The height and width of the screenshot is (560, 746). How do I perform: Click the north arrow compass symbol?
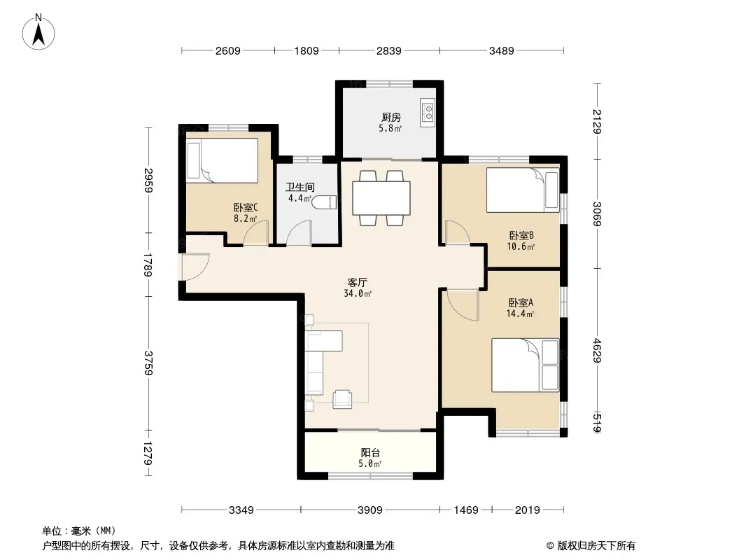pyautogui.click(x=38, y=31)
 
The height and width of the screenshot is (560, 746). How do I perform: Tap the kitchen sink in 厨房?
pyautogui.click(x=428, y=113)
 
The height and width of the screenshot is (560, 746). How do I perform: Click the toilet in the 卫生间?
pyautogui.click(x=325, y=202)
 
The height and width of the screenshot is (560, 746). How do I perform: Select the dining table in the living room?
pyautogui.click(x=381, y=198)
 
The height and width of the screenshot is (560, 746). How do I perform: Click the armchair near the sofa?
pyautogui.click(x=342, y=399)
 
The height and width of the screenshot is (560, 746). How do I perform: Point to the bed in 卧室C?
pyautogui.click(x=222, y=160)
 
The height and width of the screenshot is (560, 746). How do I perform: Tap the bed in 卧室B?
pyautogui.click(x=522, y=190)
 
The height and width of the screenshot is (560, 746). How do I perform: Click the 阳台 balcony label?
pyautogui.click(x=370, y=453)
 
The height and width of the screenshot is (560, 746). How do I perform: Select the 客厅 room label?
pyautogui.click(x=358, y=283)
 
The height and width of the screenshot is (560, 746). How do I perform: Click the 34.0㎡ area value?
pyautogui.click(x=358, y=293)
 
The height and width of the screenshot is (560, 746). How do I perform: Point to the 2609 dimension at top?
pyautogui.click(x=228, y=50)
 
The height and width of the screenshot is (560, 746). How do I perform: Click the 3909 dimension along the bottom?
pyautogui.click(x=370, y=510)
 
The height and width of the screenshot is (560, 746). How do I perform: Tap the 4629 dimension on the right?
pyautogui.click(x=597, y=351)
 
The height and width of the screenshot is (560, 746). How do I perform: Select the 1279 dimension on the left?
pyautogui.click(x=148, y=454)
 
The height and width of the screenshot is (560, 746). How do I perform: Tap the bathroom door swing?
pyautogui.click(x=299, y=232)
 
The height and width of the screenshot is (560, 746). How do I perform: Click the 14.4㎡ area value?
pyautogui.click(x=520, y=314)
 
